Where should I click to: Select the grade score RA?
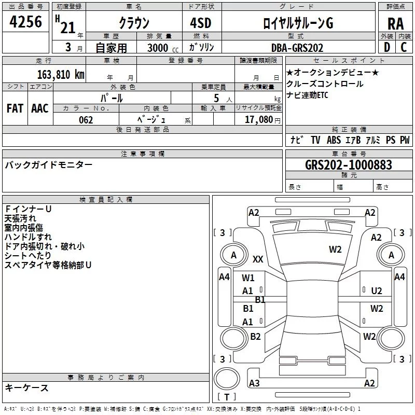click(x=395, y=23)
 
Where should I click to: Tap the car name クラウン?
click(x=134, y=23)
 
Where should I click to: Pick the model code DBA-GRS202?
click(x=297, y=48)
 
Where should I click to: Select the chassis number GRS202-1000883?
click(x=348, y=165)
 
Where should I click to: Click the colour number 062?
click(x=86, y=120)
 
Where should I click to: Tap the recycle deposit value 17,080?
click(x=258, y=120)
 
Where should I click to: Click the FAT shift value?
click(x=15, y=108)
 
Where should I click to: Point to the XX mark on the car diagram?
click(x=258, y=259)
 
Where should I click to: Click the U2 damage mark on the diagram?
click(x=377, y=291)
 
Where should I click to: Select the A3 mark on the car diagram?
click(x=254, y=383)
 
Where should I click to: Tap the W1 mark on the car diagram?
click(x=248, y=278)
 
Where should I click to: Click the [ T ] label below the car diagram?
click(x=227, y=397)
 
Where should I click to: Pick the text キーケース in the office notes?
click(x=27, y=388)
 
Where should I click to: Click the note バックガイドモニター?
click(x=49, y=165)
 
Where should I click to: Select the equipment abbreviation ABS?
click(x=334, y=140)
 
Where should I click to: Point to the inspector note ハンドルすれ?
click(x=25, y=237)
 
